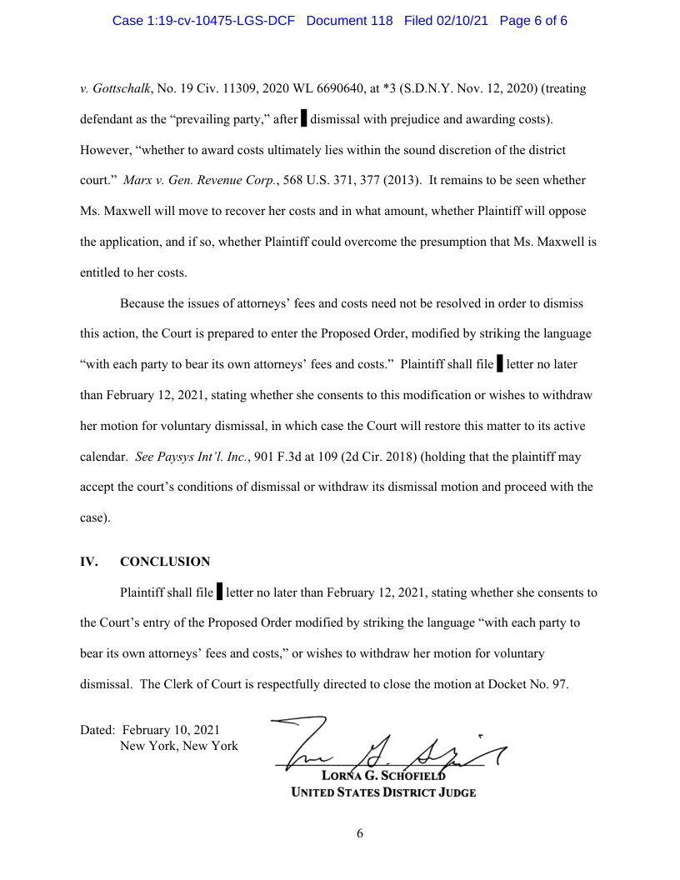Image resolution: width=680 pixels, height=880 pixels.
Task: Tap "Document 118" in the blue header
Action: tap(349, 21)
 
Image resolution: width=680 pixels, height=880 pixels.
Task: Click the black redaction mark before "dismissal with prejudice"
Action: tap(303, 119)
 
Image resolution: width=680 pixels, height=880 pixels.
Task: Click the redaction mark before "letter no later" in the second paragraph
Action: tap(499, 364)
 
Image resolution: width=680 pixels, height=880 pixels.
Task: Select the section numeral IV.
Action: tap(88, 562)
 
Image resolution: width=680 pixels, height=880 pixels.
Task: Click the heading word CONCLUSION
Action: tap(165, 562)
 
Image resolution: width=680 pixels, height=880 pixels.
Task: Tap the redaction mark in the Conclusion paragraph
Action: tap(219, 593)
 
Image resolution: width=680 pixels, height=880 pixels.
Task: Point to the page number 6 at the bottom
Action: tap(360, 833)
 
